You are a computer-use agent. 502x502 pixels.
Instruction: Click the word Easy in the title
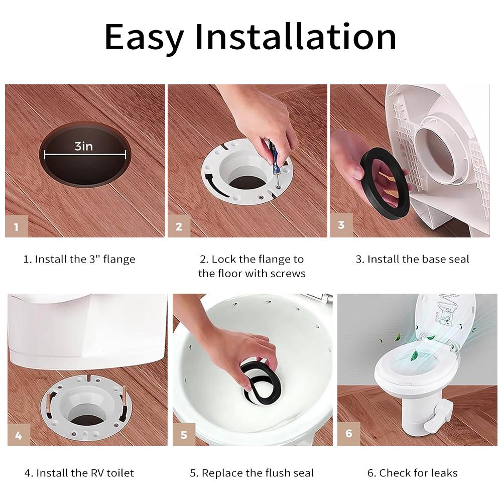tap(143, 38)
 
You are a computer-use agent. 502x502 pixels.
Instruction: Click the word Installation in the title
tap(296, 37)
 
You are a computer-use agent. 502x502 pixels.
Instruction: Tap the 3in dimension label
tap(84, 146)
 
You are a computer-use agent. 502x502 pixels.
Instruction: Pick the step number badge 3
tap(341, 224)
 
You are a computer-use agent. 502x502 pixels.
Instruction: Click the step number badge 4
tap(19, 435)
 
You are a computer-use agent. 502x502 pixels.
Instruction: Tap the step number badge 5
tap(184, 435)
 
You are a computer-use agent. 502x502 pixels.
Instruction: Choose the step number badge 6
tap(348, 433)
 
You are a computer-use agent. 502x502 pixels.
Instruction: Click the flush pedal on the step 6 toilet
tap(436, 418)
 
